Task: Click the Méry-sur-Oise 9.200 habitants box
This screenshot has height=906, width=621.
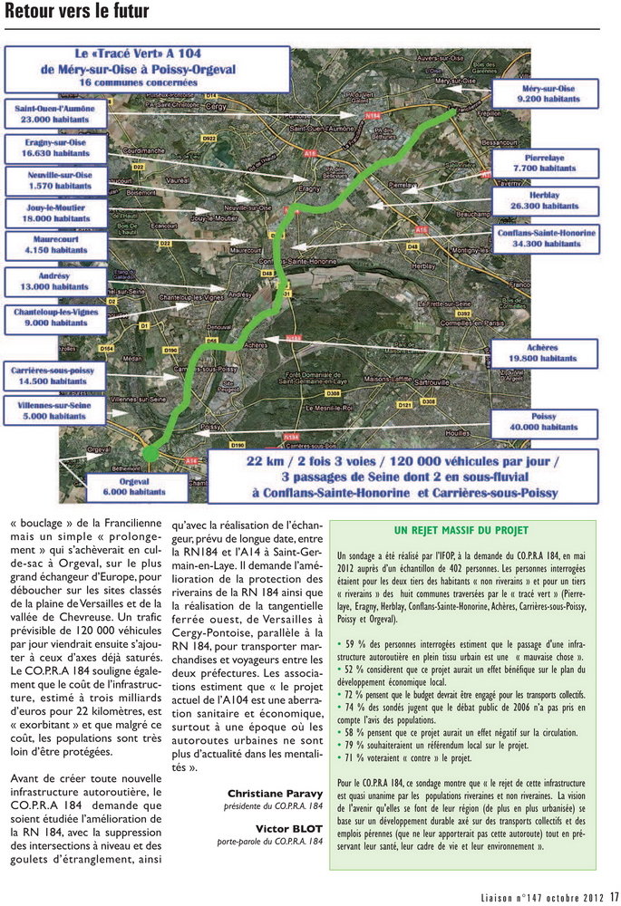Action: click(546, 92)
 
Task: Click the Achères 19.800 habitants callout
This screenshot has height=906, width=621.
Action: click(547, 352)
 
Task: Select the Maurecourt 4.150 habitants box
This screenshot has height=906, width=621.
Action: click(45, 243)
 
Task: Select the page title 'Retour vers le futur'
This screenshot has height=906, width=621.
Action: click(76, 13)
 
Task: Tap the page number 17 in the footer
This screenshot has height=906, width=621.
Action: click(614, 897)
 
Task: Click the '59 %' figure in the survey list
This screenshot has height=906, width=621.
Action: click(356, 643)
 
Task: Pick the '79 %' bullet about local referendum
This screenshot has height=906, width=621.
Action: click(356, 745)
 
